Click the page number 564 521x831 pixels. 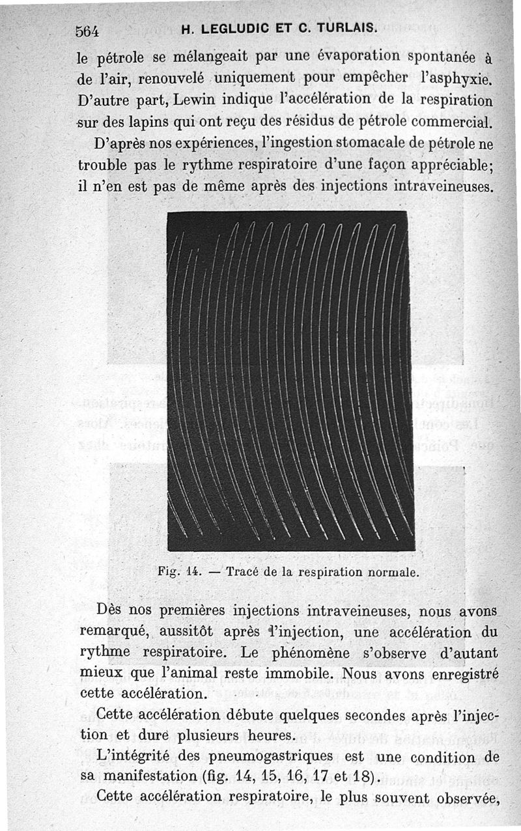click(87, 30)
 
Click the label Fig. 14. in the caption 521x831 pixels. click(177, 573)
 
